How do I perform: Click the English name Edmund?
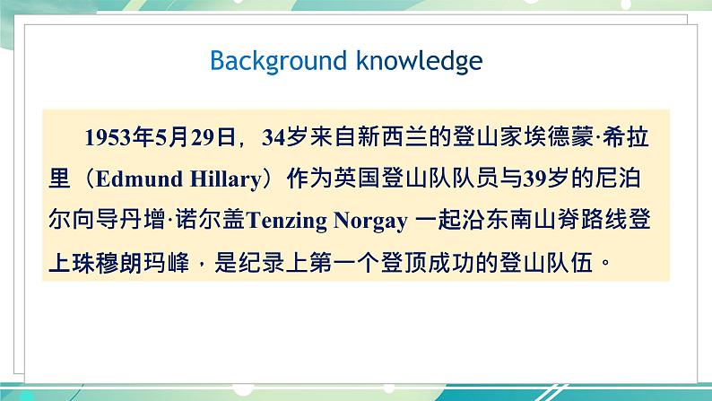[x=128, y=178]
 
